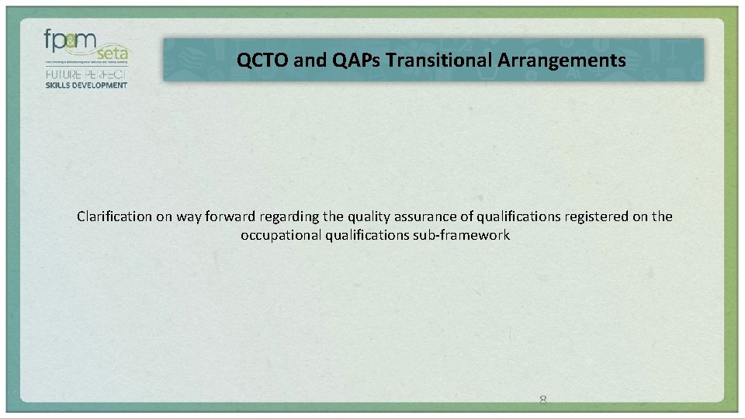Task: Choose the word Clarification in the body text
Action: (x=114, y=216)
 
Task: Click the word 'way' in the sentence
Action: (x=191, y=216)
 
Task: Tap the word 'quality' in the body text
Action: (x=379, y=216)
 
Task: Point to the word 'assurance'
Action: (x=435, y=216)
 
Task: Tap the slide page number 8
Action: (x=543, y=400)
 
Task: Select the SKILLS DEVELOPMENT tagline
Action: (x=85, y=85)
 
